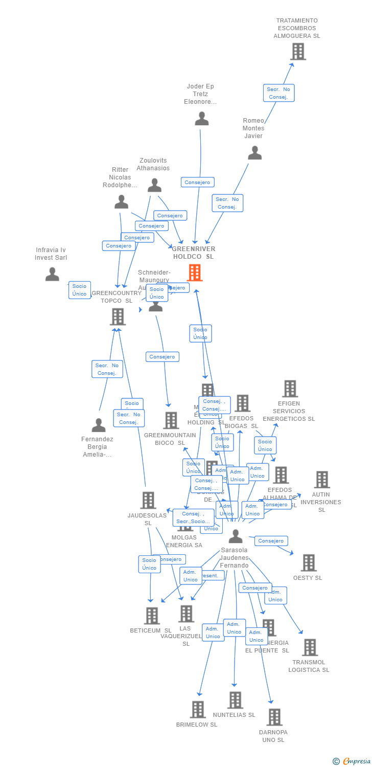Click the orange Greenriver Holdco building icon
pyautogui.click(x=195, y=273)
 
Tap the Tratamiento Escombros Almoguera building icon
pyautogui.click(x=298, y=52)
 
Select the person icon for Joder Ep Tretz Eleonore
pyautogui.click(x=202, y=119)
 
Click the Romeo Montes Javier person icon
pyautogui.click(x=254, y=152)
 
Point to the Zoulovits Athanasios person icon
pyautogui.click(x=154, y=185)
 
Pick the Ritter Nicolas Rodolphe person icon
pyautogui.click(x=121, y=202)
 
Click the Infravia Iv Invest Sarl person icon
pyautogui.click(x=52, y=275)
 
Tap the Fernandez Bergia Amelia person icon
pyautogui.click(x=99, y=425)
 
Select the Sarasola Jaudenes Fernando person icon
pyautogui.click(x=236, y=536)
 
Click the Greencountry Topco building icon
pyautogui.click(x=118, y=317)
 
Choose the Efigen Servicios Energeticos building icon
pyautogui.click(x=290, y=389)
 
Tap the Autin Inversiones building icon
pyautogui.click(x=322, y=480)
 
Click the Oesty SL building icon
pyautogui.click(x=308, y=562)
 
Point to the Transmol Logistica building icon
pyautogui.click(x=309, y=647)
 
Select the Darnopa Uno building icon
pyautogui.click(x=274, y=717)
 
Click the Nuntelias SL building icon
pyautogui.click(x=235, y=700)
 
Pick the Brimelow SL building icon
pyautogui.click(x=198, y=709)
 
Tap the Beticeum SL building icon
pyautogui.click(x=152, y=616)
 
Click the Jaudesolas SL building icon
pyautogui.click(x=148, y=500)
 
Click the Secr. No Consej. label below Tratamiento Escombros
pyautogui.click(x=278, y=93)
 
